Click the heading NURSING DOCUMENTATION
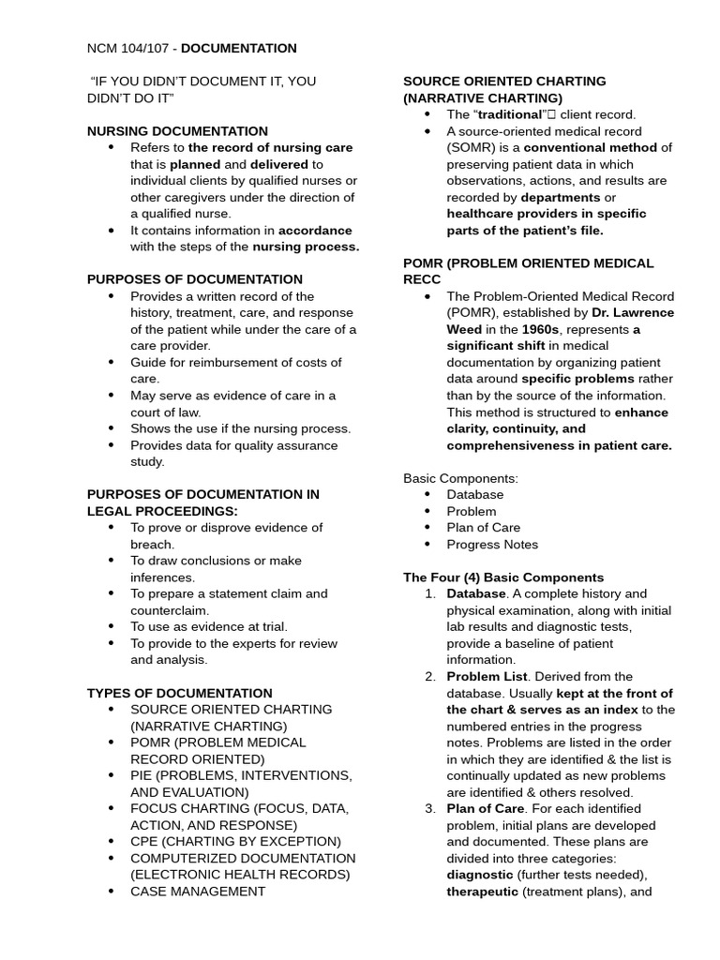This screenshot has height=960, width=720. tap(177, 131)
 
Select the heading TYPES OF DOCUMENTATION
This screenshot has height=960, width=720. tap(179, 693)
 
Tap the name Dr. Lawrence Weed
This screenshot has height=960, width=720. tap(633, 313)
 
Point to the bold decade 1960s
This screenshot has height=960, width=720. tap(541, 329)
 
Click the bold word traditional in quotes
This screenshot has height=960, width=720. tap(509, 114)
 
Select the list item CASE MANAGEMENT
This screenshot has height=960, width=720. tap(198, 891)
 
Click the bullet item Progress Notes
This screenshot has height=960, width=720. tap(492, 544)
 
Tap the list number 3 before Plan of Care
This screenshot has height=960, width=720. tap(429, 808)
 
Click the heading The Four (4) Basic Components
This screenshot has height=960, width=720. tap(503, 577)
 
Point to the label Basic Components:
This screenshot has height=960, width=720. tap(460, 478)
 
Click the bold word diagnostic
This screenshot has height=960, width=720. tap(479, 875)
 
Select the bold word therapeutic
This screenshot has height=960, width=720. tap(482, 891)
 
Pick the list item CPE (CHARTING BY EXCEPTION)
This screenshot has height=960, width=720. tap(235, 841)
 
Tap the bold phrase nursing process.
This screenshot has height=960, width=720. tap(306, 247)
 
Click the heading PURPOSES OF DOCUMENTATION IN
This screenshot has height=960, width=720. tap(203, 494)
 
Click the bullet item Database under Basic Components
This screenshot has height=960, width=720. tap(474, 494)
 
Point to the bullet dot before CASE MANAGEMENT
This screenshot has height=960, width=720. tap(112, 891)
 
